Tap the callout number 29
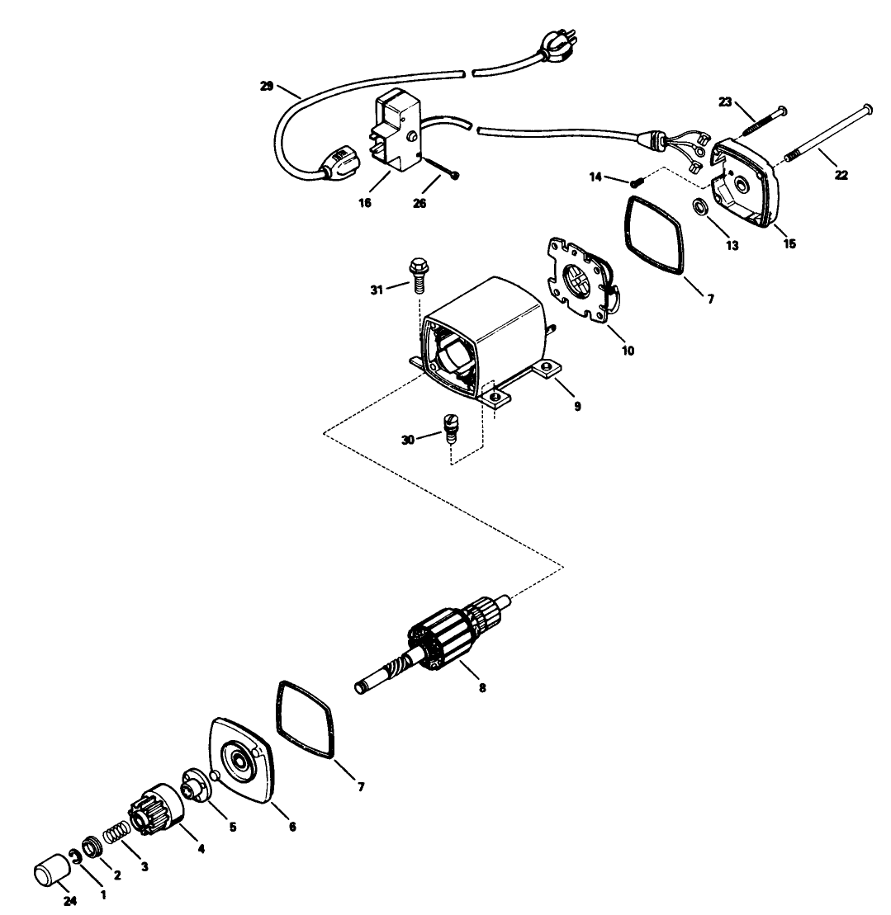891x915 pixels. [x=265, y=86]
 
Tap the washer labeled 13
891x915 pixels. [x=699, y=206]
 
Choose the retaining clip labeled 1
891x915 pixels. [x=76, y=857]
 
